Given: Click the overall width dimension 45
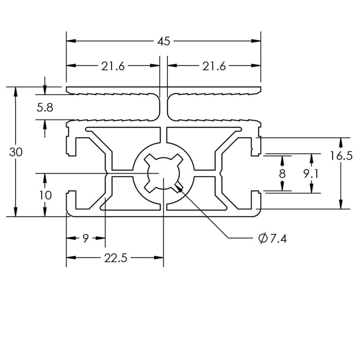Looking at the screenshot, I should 164,41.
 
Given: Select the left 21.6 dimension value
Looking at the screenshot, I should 112,66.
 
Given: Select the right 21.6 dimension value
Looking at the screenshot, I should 214,66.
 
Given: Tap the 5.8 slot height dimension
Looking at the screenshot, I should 45,108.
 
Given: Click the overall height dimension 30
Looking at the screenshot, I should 16,152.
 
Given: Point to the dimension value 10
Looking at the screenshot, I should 45,195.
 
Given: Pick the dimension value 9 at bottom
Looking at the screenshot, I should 85,238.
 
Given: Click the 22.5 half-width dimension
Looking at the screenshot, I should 116,258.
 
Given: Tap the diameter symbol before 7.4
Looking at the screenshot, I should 263,238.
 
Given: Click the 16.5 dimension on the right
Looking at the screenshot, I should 341,156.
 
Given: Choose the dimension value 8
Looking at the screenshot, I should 282,174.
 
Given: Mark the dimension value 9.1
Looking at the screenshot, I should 311,174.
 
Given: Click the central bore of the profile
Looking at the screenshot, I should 163,173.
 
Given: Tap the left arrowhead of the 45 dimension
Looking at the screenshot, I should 70,41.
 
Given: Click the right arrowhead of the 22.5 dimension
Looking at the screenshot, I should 159,258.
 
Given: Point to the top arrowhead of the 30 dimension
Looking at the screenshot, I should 16,90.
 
